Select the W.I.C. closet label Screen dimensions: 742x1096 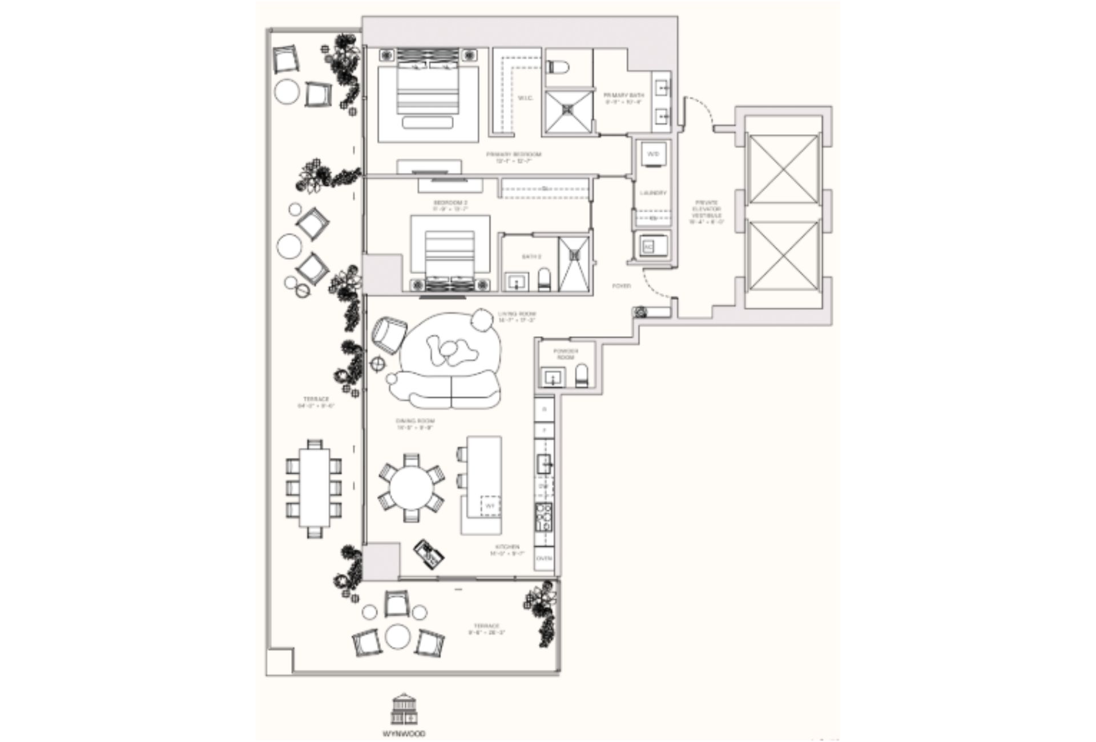(525, 98)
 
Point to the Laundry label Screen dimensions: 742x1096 (653, 193)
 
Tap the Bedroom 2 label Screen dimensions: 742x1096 (450, 203)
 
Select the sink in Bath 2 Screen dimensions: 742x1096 (518, 281)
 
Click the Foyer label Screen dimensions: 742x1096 (621, 285)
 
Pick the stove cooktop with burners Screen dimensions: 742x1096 (543, 516)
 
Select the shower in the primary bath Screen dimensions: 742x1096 (567, 111)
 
